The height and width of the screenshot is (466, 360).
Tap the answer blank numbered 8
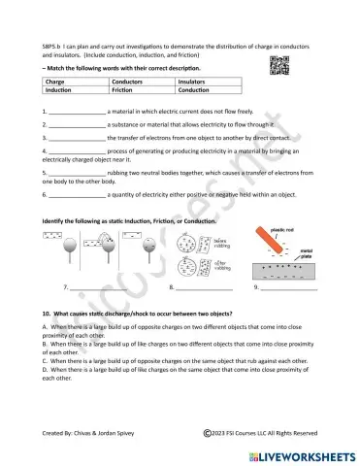click(x=204, y=289)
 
